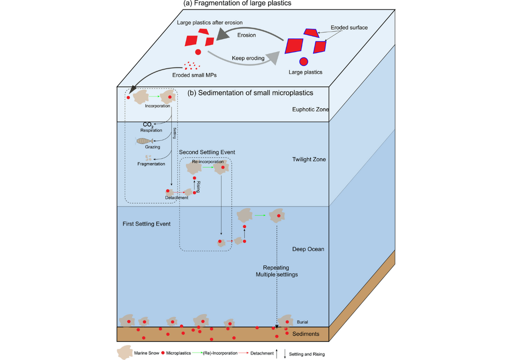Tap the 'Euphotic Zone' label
coord(310,109)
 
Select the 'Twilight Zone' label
coord(308,159)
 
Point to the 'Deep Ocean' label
coord(308,248)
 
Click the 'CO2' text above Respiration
coord(148,124)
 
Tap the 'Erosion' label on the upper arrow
coord(246,35)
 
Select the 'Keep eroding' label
coord(248,58)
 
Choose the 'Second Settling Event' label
coord(206,152)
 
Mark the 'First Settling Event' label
coord(146,224)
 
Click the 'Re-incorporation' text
coord(208,162)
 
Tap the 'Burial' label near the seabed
coord(302,322)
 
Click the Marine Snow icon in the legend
coord(124,353)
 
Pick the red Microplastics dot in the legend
coord(162,353)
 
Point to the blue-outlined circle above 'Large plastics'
coord(303,62)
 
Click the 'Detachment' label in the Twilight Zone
coord(176,197)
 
